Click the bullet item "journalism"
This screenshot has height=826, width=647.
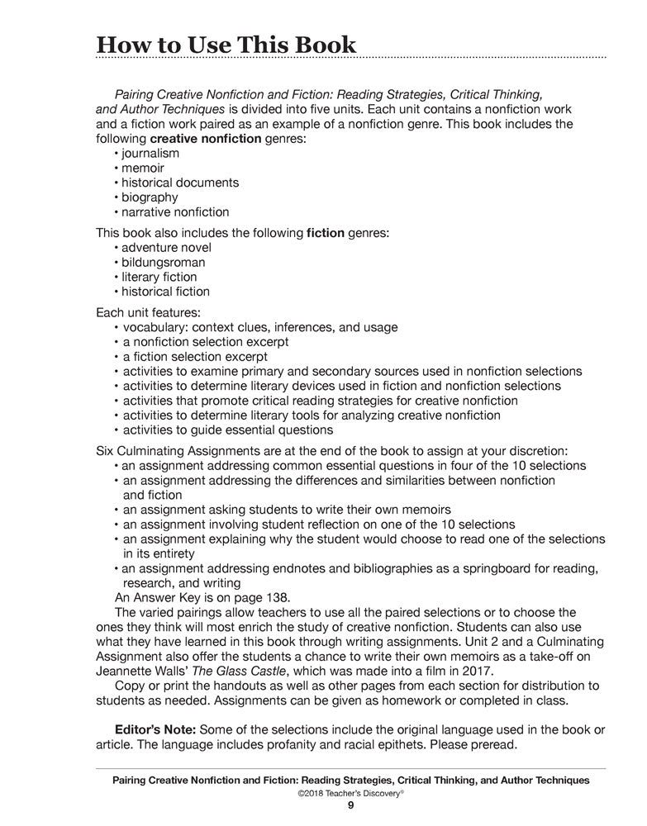(x=150, y=154)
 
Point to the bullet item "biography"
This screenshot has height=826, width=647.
(x=150, y=197)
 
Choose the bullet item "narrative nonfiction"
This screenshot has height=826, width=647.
(x=175, y=212)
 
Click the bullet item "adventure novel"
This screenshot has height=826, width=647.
(x=166, y=248)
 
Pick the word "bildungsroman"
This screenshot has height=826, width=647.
(x=164, y=263)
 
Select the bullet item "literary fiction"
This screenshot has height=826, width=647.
(x=159, y=277)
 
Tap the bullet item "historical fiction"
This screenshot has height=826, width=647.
(x=165, y=292)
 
